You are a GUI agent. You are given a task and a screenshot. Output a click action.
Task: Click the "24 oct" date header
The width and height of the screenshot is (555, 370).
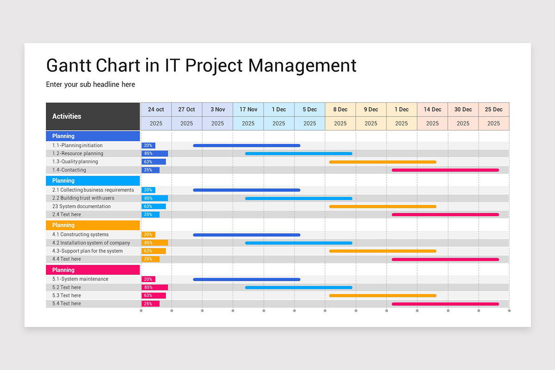[156, 110]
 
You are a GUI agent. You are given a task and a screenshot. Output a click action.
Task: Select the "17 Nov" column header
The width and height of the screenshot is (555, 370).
[248, 110]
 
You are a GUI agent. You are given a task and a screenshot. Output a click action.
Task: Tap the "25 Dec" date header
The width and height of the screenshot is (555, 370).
[493, 110]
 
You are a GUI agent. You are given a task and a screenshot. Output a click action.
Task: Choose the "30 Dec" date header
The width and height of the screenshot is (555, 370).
[463, 110]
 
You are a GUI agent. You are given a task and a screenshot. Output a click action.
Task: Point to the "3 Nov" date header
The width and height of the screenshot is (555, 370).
[217, 110]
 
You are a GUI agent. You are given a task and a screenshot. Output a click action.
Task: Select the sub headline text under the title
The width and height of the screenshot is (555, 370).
[91, 84]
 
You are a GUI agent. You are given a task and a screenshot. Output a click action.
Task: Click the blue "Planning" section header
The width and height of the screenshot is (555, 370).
[93, 136]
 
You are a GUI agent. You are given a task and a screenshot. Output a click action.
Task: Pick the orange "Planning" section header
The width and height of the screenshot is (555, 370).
[93, 225]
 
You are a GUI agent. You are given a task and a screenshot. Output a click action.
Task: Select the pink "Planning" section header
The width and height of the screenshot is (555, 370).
[93, 270]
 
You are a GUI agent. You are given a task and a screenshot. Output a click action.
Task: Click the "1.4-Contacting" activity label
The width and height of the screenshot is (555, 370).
[69, 170]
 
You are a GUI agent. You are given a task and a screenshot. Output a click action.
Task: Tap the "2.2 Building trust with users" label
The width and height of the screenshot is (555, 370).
[83, 198]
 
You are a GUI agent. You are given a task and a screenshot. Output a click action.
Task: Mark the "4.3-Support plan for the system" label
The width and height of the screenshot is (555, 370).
[87, 251]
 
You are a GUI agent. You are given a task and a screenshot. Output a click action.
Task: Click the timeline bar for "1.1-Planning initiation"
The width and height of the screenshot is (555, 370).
[247, 146]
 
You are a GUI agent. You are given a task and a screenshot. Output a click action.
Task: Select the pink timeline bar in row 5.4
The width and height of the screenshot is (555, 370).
[445, 304]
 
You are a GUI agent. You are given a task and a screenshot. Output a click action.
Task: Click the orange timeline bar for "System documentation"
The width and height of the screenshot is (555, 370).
[382, 206]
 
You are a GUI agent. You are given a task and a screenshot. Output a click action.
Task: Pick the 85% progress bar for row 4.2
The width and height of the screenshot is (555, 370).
[155, 243]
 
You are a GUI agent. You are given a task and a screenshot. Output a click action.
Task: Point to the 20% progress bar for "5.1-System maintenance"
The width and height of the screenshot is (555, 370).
[148, 279]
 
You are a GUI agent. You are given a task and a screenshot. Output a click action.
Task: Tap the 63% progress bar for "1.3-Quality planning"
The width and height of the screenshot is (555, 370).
[154, 162]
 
